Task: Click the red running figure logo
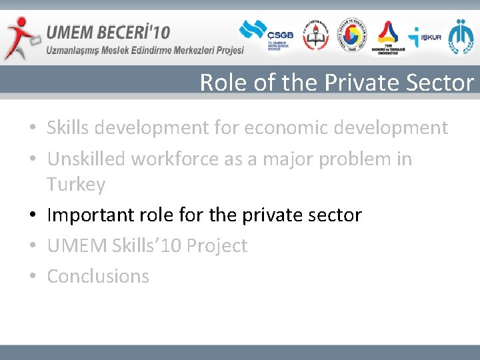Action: coord(20,37)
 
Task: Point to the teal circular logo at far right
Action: coord(461,37)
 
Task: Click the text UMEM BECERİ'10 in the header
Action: coord(109,31)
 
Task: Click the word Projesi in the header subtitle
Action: coord(227,50)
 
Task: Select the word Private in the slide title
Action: coord(359,83)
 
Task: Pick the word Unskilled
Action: coord(87,159)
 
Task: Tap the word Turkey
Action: coord(76,184)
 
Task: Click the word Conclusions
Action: coord(98,276)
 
